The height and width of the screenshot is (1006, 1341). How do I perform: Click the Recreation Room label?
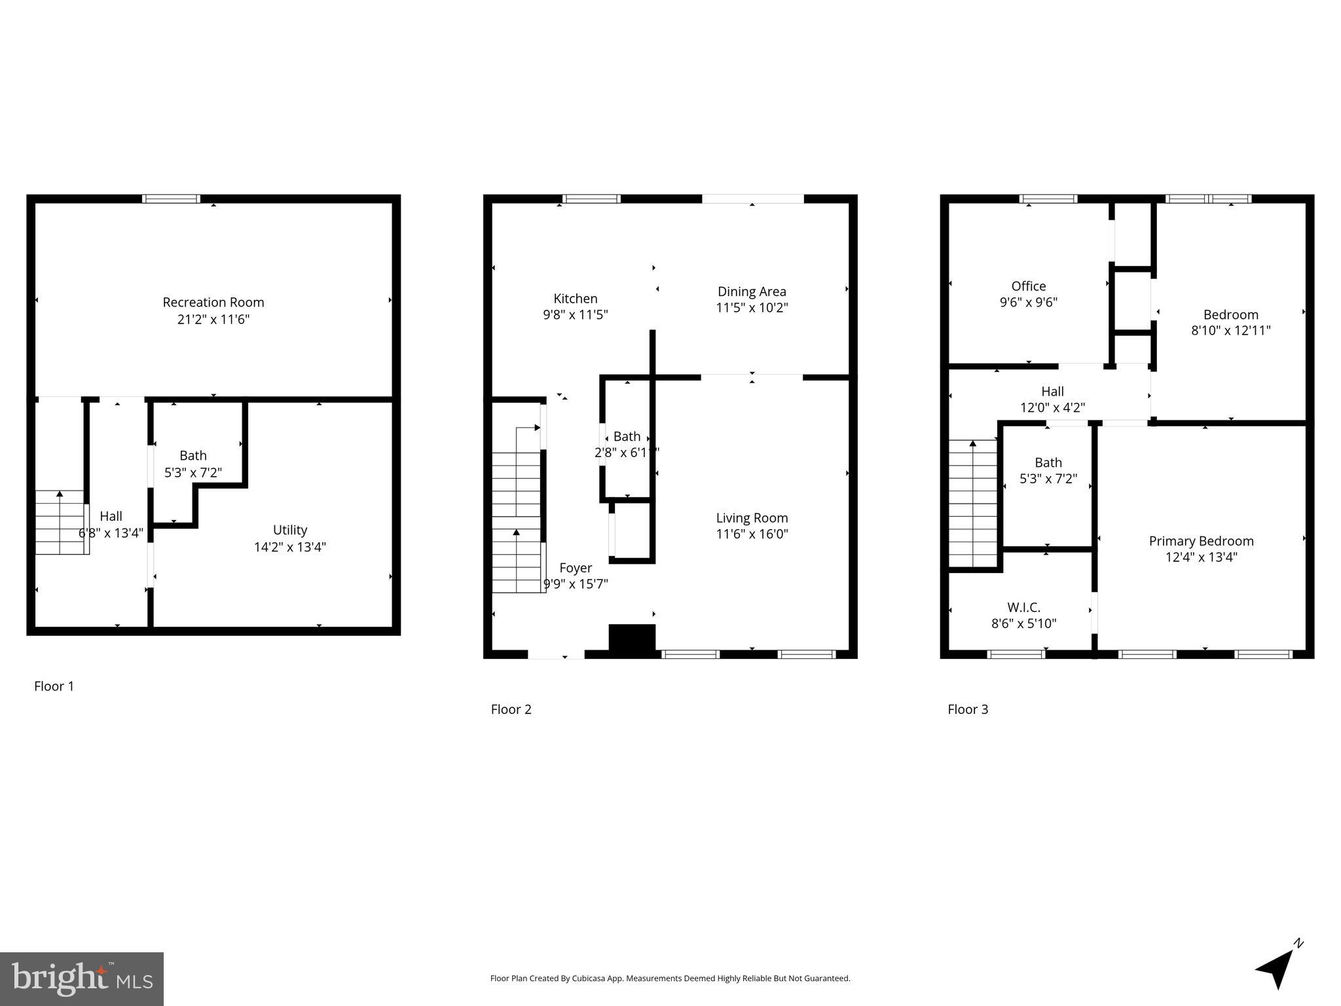[213, 303]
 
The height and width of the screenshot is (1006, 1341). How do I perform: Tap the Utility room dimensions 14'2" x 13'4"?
[290, 547]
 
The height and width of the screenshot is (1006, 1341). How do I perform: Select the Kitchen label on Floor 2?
[575, 299]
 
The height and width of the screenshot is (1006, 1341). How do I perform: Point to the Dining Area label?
[752, 291]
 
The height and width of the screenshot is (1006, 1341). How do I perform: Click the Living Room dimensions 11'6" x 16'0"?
[752, 534]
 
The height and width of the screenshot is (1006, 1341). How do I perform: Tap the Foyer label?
[576, 568]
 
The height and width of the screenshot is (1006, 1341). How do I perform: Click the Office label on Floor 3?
[1028, 286]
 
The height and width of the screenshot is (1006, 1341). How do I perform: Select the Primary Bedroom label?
[1201, 541]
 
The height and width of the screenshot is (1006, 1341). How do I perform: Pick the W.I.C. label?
[1023, 607]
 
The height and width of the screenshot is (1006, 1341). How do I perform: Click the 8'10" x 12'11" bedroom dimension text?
[1230, 331]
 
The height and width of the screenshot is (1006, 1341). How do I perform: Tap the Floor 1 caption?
[54, 686]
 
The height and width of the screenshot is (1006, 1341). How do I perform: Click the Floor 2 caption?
[511, 709]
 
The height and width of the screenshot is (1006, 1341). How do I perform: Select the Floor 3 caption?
[968, 709]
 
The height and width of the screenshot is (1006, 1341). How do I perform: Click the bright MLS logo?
[82, 978]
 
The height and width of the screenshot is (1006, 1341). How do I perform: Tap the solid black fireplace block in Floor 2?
[632, 637]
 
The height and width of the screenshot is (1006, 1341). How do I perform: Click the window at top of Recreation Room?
[172, 199]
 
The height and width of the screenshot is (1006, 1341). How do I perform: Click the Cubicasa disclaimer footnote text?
[670, 978]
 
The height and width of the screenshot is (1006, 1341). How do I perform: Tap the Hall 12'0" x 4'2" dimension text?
[1052, 407]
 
